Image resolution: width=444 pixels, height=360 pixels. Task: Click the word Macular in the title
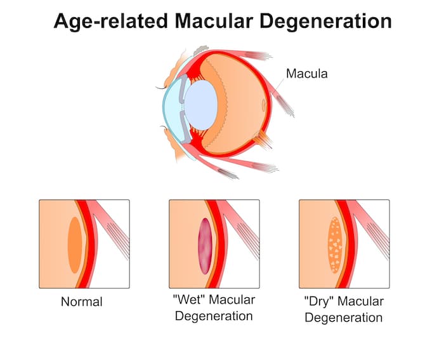(x=214, y=21)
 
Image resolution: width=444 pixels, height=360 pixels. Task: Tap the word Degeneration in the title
(x=325, y=22)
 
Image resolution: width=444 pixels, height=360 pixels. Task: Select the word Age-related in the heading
(x=110, y=22)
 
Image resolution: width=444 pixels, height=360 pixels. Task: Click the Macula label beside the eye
(x=307, y=74)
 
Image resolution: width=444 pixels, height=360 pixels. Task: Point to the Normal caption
(x=82, y=302)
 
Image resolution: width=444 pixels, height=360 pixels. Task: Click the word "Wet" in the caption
(x=189, y=300)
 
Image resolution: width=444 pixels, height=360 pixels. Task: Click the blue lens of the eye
(x=201, y=105)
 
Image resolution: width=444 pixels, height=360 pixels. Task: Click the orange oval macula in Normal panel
(x=75, y=245)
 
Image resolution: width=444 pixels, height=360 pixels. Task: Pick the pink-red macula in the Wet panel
(x=205, y=246)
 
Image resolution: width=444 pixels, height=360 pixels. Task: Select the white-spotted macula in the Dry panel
(x=335, y=245)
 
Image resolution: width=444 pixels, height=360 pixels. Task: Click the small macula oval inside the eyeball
(x=264, y=105)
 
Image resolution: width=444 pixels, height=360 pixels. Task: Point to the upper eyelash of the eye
(x=161, y=88)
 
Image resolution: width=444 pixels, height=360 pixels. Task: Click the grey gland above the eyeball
(x=201, y=50)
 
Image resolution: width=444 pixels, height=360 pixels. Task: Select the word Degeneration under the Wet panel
(x=214, y=316)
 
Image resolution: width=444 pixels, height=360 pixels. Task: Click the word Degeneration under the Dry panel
(x=344, y=317)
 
